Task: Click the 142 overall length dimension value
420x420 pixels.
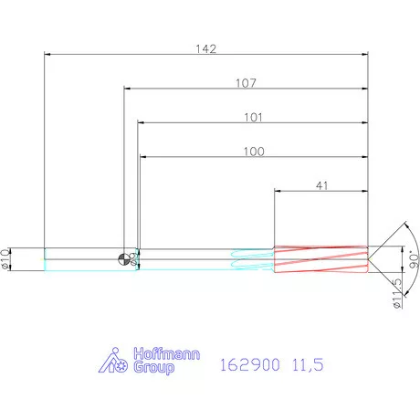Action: [x=206, y=48]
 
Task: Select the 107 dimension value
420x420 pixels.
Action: [x=246, y=83]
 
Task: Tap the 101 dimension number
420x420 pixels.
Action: [x=253, y=117]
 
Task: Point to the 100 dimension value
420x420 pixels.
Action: [x=254, y=152]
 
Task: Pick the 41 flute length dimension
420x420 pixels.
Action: [x=322, y=185]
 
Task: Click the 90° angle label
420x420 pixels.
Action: [x=414, y=259]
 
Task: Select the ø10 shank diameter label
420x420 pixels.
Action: [x=5, y=259]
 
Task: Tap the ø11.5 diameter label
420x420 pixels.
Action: [x=397, y=294]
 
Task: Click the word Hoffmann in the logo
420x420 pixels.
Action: [x=167, y=354]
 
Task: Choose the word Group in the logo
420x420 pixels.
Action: [x=154, y=368]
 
